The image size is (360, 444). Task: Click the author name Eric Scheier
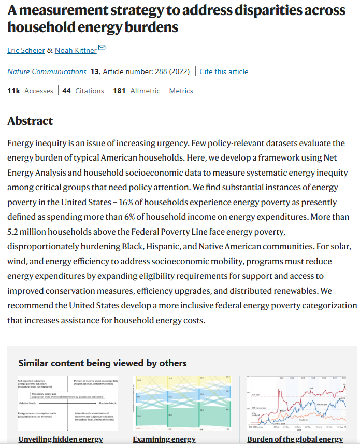click(25, 50)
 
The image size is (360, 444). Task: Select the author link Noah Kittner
click(75, 50)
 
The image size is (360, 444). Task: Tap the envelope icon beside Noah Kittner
click(102, 48)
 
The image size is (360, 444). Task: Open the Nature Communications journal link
click(47, 71)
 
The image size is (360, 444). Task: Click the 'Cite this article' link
click(224, 71)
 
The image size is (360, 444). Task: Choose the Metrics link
click(181, 91)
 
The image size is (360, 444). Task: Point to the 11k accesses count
click(13, 91)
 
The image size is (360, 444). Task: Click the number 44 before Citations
click(66, 91)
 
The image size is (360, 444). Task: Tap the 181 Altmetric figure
click(119, 91)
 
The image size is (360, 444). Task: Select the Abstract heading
click(30, 121)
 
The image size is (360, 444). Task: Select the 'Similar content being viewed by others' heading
click(103, 363)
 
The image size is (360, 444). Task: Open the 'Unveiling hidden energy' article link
click(61, 439)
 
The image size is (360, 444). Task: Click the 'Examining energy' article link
click(164, 439)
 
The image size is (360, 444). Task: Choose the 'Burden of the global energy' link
click(295, 439)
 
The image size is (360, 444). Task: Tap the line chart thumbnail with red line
click(296, 403)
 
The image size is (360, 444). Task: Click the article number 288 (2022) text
click(147, 71)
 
